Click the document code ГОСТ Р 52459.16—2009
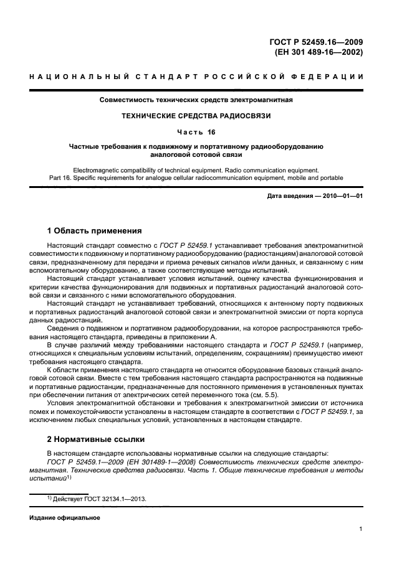tap(316, 42)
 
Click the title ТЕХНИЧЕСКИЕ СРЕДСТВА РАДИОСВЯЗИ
tap(196, 116)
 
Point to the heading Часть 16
tap(196, 131)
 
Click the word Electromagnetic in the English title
tap(97, 169)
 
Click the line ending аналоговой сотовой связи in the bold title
tap(196, 154)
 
